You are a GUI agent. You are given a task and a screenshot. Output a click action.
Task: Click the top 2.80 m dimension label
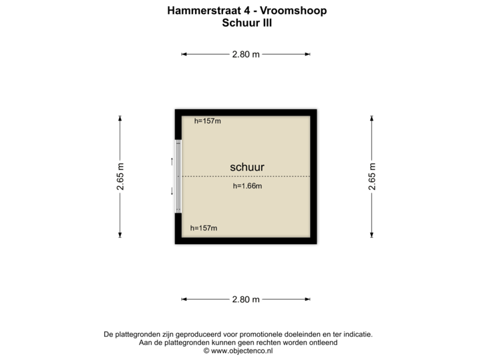tap(246, 55)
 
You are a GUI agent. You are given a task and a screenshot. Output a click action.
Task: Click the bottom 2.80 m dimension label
tap(246, 299)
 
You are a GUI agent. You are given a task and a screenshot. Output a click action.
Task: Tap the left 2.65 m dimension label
tap(120, 176)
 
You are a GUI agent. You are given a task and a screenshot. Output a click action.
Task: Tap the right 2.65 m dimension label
tap(371, 176)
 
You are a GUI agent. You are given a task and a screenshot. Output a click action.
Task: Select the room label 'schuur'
tap(247, 167)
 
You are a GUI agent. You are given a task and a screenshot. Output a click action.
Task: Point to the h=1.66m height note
tap(247, 186)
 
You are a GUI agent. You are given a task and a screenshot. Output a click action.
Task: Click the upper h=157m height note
tap(207, 121)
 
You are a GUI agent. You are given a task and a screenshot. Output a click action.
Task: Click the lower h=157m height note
tap(204, 228)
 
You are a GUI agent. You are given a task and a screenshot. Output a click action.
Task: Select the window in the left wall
tap(178, 176)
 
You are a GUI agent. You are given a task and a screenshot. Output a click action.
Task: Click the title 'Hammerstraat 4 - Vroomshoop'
tap(247, 11)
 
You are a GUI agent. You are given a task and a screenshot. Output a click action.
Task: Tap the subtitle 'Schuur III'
tap(247, 23)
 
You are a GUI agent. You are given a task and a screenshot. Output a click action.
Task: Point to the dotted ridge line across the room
tap(281, 176)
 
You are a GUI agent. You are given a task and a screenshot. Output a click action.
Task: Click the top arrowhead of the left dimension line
tap(120, 118)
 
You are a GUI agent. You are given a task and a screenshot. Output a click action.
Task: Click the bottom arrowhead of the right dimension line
tap(371, 235)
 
